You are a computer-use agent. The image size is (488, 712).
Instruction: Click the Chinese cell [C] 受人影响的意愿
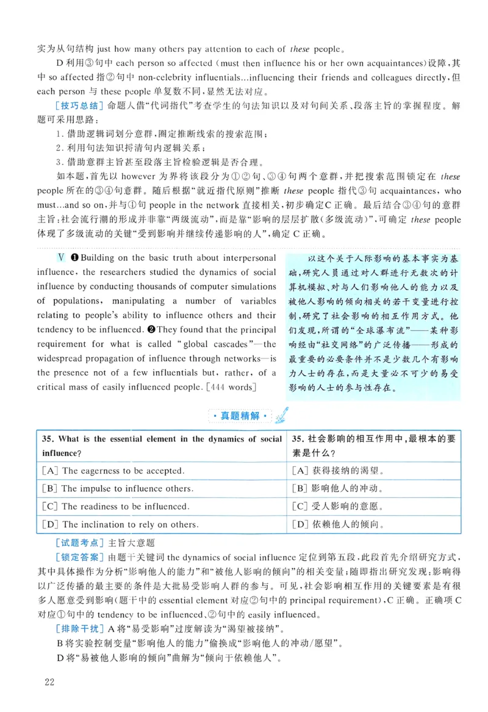[337, 506]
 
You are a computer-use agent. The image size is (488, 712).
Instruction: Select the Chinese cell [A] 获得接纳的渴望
[337, 471]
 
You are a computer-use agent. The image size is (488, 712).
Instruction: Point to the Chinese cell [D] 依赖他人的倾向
[337, 524]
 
